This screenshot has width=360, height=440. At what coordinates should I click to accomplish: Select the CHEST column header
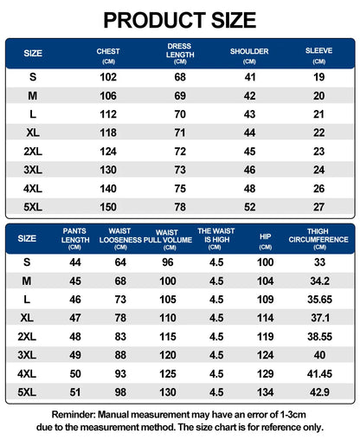click(108, 55)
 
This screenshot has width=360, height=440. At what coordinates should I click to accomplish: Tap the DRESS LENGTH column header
click(180, 54)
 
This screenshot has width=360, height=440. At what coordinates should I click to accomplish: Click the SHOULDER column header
click(249, 55)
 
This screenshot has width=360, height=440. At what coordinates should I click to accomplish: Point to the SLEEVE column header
click(318, 55)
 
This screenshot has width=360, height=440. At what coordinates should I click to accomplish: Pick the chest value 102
click(108, 77)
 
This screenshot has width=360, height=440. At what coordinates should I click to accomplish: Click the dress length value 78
click(180, 207)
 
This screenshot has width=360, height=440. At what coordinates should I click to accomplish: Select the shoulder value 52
click(249, 207)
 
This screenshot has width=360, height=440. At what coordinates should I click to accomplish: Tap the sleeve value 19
click(319, 77)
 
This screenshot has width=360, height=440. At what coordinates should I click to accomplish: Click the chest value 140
click(108, 189)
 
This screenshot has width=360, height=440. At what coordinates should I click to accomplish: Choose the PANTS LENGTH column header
click(75, 239)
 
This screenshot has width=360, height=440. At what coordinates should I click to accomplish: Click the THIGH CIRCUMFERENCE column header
click(318, 239)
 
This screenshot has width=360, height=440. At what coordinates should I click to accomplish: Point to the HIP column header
click(265, 241)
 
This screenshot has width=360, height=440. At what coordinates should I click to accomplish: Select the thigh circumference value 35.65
click(319, 300)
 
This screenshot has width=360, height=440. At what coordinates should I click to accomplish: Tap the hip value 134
click(266, 392)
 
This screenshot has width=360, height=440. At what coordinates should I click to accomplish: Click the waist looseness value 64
click(120, 262)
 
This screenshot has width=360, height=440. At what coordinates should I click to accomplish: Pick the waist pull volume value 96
click(168, 262)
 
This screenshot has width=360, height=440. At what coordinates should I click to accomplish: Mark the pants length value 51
click(75, 392)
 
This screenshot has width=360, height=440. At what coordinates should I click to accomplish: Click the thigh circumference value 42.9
click(319, 392)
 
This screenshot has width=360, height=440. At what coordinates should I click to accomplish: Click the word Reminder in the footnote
click(74, 415)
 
